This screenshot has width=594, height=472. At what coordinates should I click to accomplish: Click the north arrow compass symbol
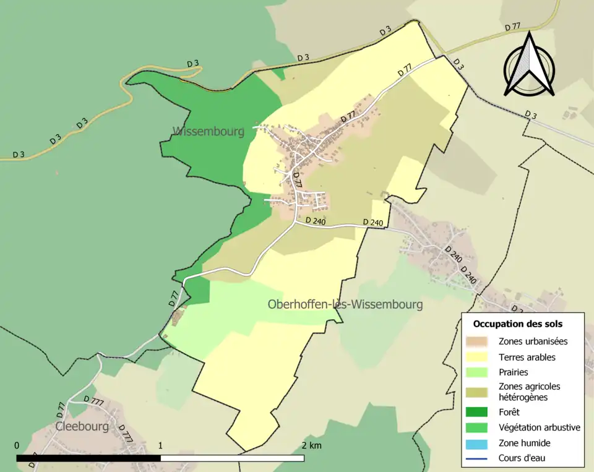click(x=528, y=64)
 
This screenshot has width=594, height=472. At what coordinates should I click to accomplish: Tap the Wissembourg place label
click(x=209, y=131)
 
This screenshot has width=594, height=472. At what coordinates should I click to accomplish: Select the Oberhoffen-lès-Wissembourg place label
click(x=345, y=304)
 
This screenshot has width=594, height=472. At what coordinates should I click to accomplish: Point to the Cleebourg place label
click(x=82, y=426)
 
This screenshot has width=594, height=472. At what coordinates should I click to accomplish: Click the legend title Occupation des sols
click(x=518, y=324)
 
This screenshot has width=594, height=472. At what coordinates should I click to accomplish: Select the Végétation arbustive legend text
click(x=540, y=427)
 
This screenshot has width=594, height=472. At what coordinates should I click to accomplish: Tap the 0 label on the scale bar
click(x=17, y=445)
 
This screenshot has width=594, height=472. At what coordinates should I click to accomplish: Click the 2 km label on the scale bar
click(x=312, y=445)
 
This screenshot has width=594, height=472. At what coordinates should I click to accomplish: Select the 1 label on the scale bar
click(x=161, y=445)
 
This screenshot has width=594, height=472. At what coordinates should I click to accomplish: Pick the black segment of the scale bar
click(x=88, y=458)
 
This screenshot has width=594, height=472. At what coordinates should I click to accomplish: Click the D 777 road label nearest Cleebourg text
click(x=93, y=400)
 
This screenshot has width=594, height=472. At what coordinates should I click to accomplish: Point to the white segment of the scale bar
click(x=233, y=458)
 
